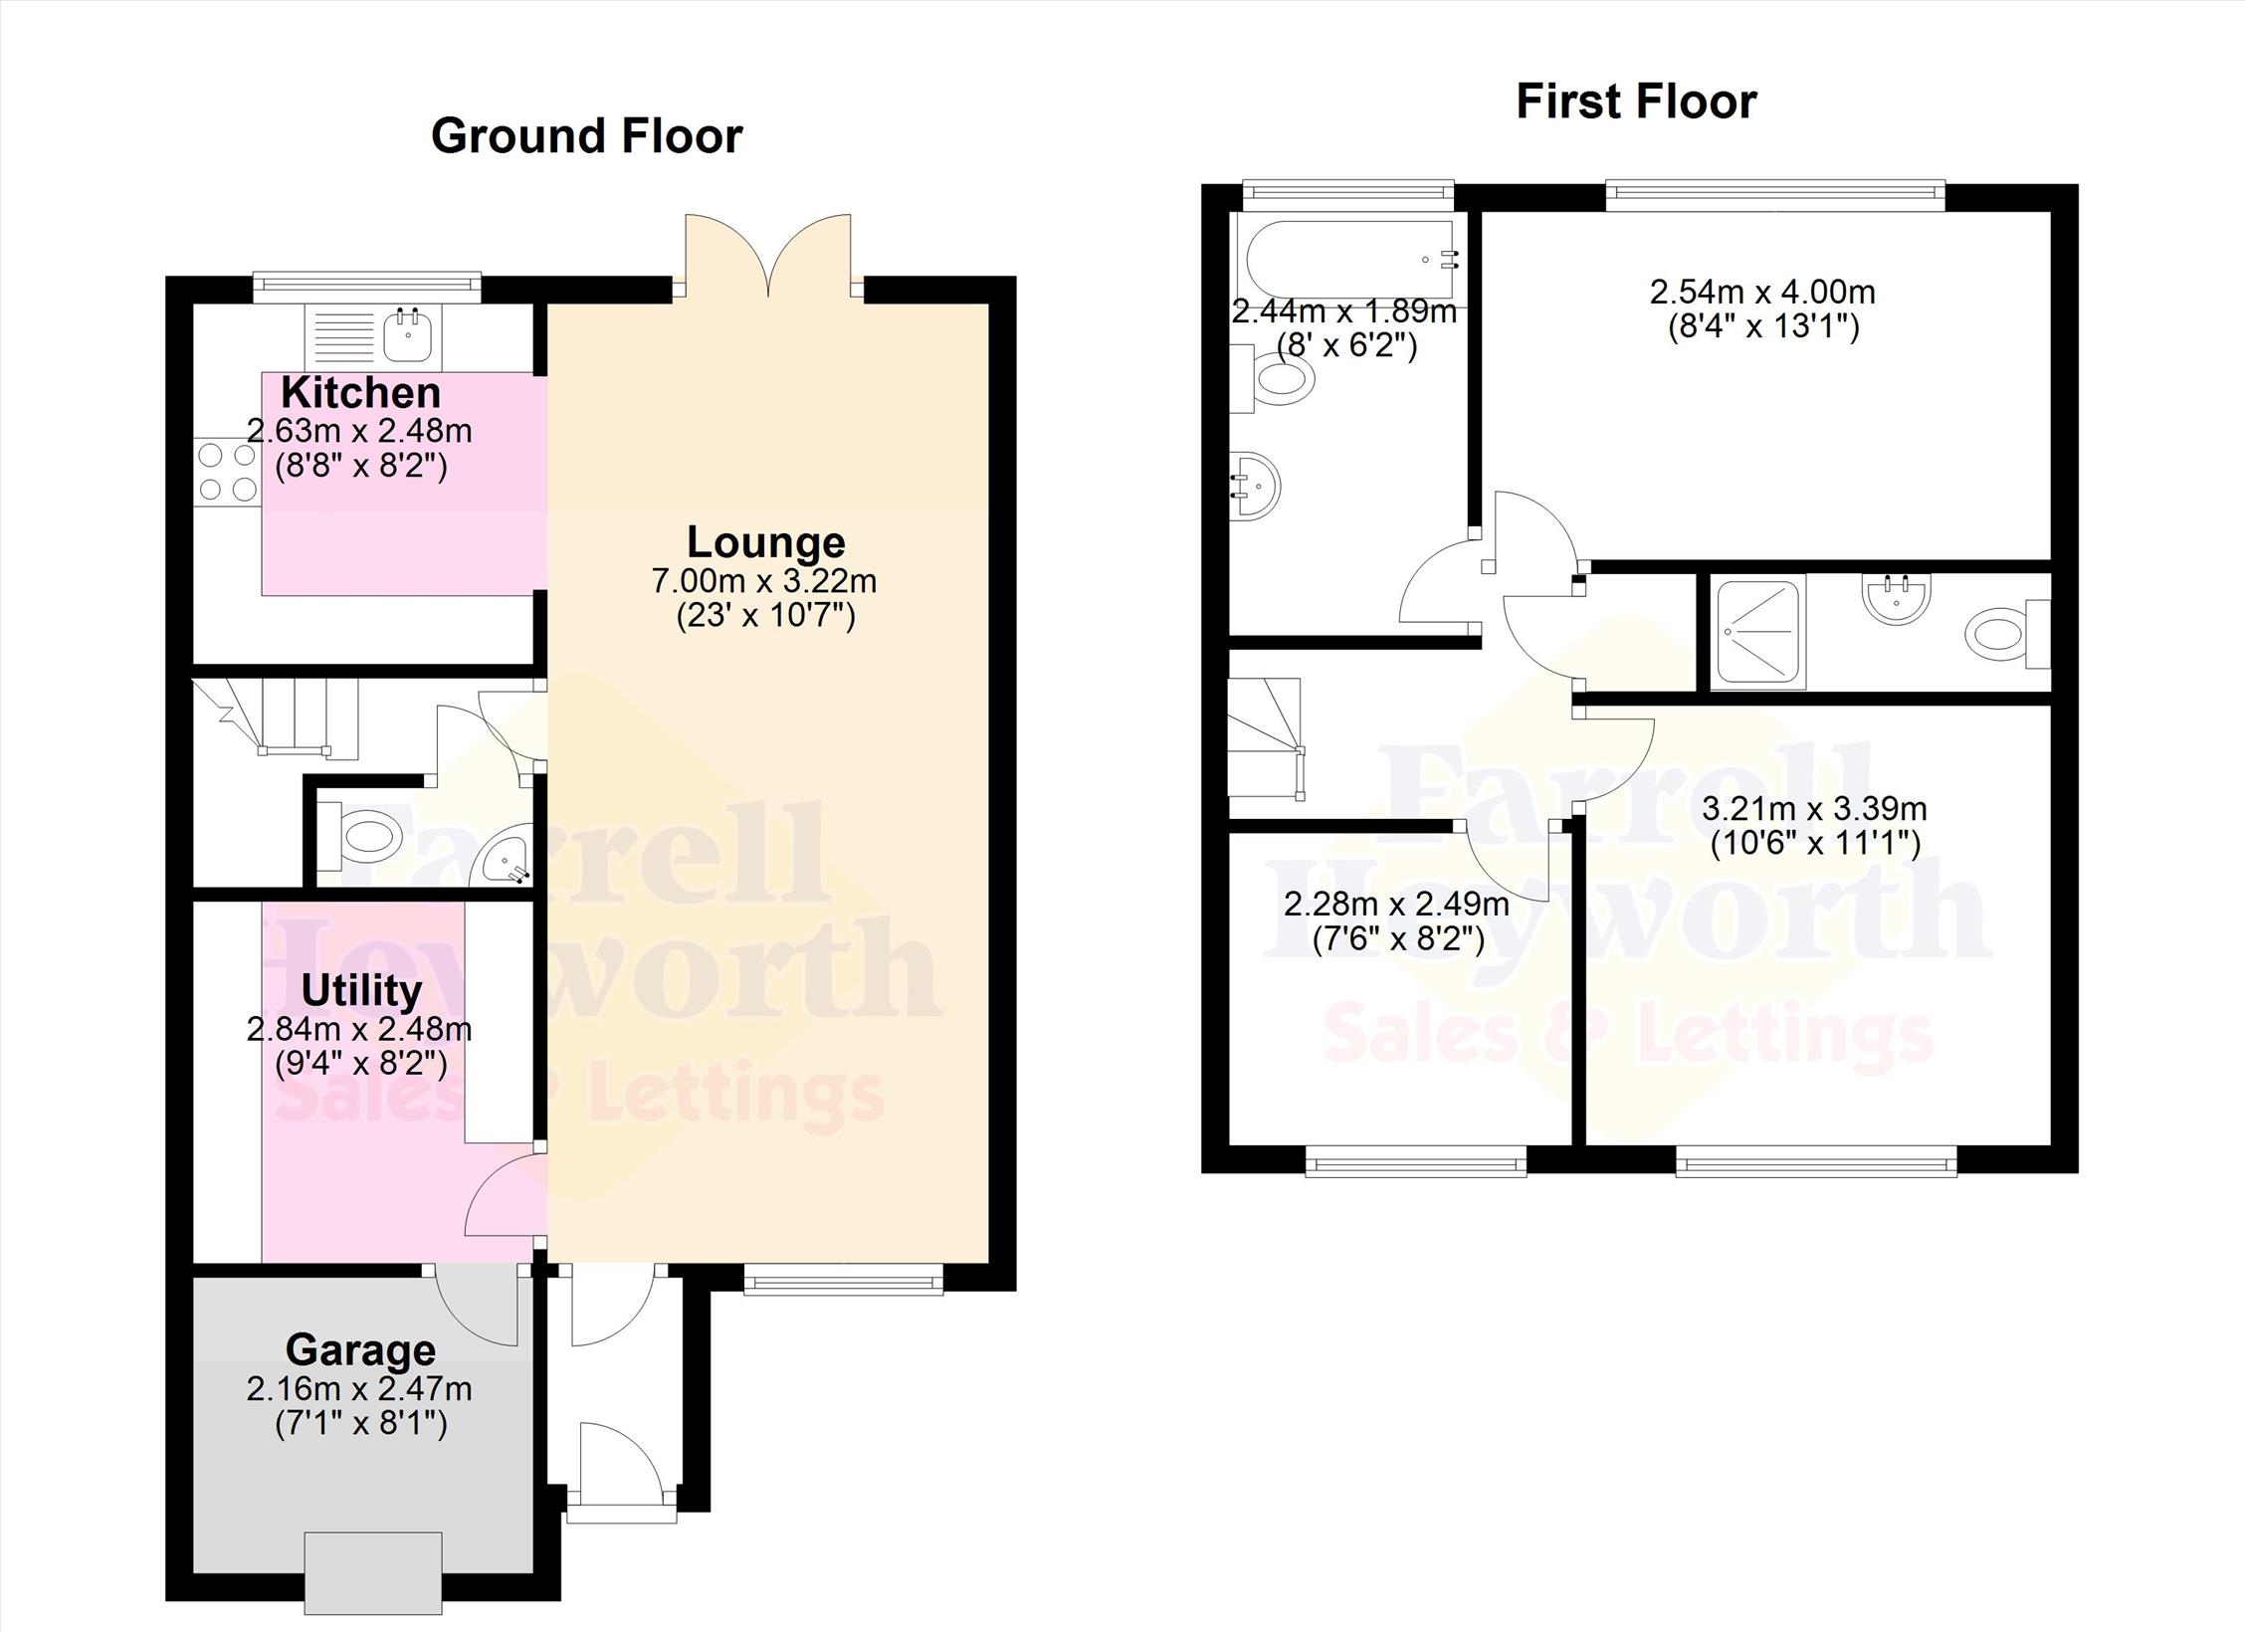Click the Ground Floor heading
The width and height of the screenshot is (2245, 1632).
(586, 135)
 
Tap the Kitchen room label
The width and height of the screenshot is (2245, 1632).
(360, 392)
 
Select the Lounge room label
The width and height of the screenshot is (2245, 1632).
(766, 541)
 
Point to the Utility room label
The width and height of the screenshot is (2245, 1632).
(361, 990)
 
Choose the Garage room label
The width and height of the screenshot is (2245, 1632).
(360, 1350)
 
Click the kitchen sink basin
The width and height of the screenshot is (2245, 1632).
(408, 334)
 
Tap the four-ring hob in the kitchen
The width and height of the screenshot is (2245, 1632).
(228, 472)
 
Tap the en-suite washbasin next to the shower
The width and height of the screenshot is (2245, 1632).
(1896, 598)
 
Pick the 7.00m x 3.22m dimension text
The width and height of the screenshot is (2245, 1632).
(764, 580)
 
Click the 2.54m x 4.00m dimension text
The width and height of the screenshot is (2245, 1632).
(1762, 292)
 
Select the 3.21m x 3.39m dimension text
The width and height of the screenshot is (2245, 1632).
(1814, 809)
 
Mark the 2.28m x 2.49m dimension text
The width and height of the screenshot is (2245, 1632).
(1396, 905)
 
